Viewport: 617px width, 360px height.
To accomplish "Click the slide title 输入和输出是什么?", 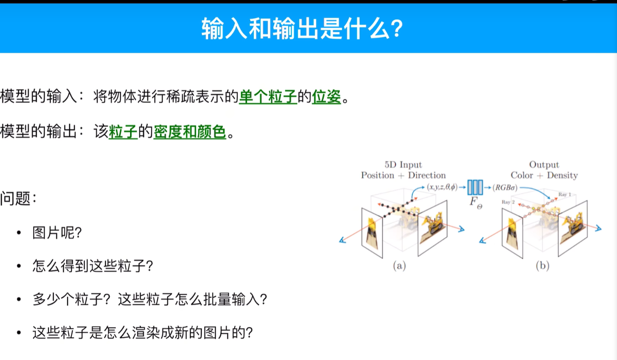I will point(302,29).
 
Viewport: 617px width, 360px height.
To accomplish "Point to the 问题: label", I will point(19,199).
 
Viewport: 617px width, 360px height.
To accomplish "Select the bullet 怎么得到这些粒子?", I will point(93,266).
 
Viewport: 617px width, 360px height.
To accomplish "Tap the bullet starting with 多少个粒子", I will point(149,299).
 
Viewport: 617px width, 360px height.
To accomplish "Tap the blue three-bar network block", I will point(475,188).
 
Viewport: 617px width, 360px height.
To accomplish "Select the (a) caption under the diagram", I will point(399,266).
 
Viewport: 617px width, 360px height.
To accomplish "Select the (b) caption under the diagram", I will point(543,266).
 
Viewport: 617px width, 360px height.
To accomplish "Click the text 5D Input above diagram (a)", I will point(403,165).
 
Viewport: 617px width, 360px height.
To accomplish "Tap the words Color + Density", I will point(544,175).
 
